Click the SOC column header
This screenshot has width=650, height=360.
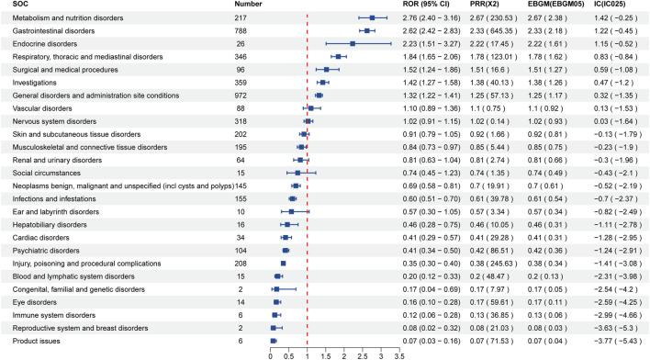tap(12, 5)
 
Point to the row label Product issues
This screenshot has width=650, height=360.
tap(32, 341)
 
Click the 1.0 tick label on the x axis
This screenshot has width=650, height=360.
tap(308, 354)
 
